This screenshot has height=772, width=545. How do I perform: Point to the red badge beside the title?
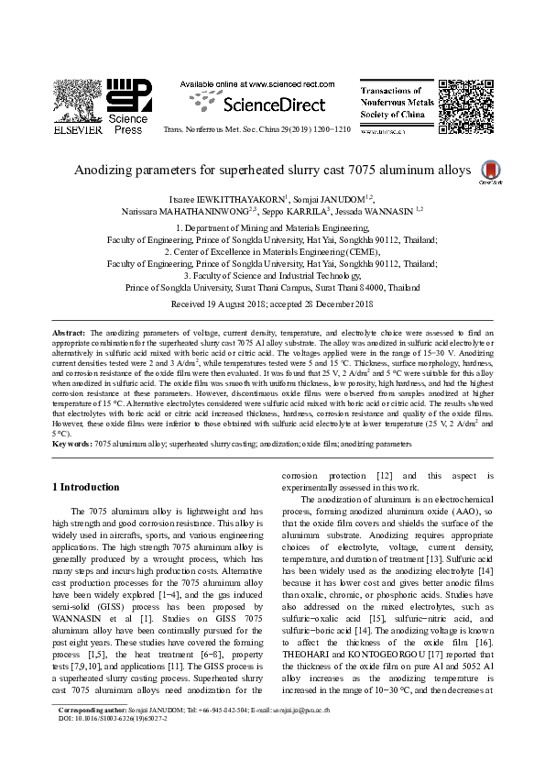coord(492,170)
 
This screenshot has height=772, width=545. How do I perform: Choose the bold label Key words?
coord(71,443)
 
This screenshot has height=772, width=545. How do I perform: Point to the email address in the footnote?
coord(322,736)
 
